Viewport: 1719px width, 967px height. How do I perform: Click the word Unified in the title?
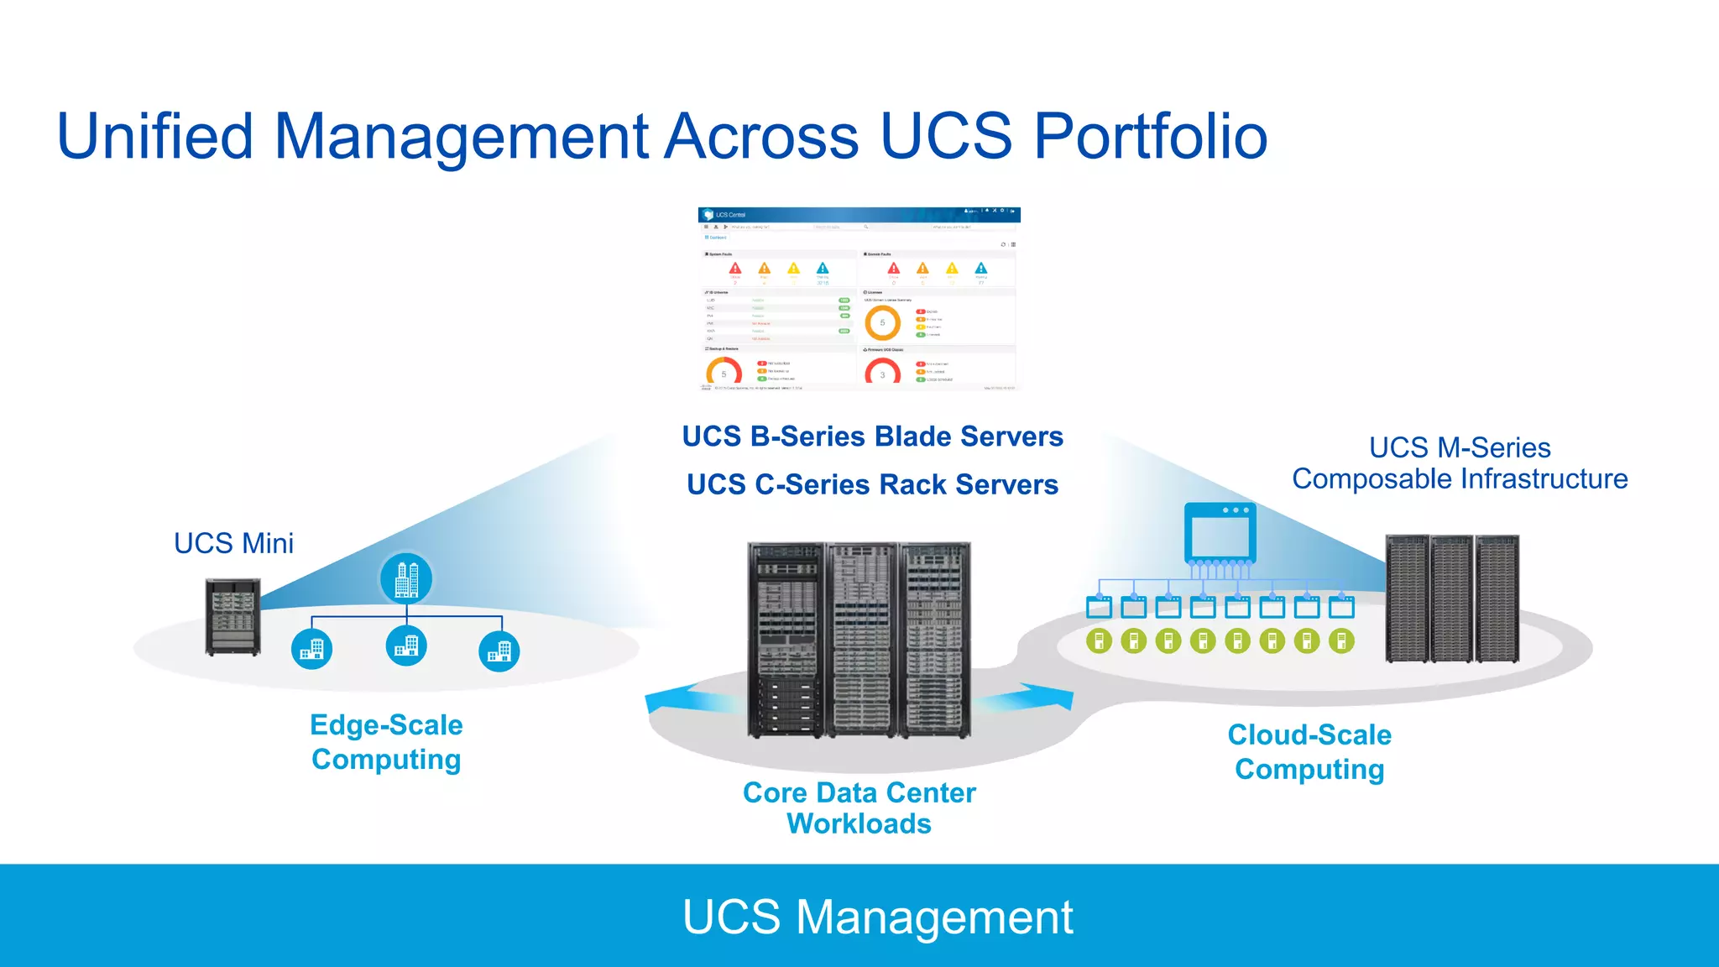155,136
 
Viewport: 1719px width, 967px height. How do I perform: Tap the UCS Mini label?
233,543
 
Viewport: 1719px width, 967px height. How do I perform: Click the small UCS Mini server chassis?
233,617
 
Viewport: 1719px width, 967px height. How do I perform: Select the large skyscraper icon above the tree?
406,579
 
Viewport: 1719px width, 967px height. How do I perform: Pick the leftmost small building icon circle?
312,650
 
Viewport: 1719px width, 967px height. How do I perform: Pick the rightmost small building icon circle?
499,651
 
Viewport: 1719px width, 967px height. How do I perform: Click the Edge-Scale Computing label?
386,742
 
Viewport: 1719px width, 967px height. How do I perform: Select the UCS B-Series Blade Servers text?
872,436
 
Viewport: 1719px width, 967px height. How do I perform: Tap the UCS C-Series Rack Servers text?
872,484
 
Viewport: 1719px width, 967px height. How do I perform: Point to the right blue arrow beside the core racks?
1031,698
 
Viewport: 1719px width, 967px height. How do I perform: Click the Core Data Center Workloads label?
859,808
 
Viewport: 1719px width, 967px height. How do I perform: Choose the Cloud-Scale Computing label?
1309,752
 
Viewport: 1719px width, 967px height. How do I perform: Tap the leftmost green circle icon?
1099,641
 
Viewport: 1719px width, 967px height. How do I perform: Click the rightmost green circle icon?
1341,641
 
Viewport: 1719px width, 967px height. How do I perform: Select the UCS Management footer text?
877,917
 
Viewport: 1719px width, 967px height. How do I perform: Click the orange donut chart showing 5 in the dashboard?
882,322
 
